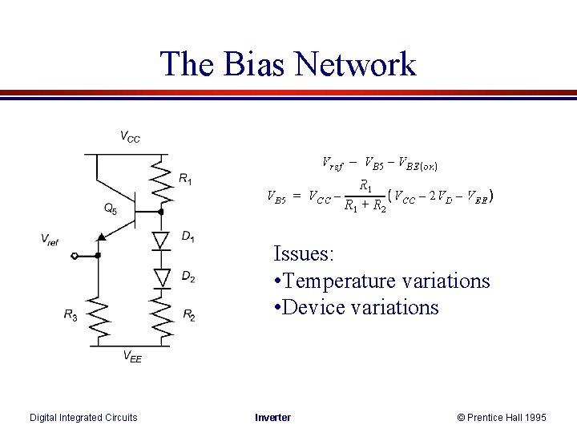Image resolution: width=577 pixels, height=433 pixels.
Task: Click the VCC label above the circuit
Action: click(130, 137)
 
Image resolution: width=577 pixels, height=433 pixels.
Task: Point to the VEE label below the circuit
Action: click(131, 358)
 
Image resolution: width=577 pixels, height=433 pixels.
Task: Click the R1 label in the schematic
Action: click(185, 179)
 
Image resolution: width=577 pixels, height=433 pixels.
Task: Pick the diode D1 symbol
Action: click(162, 239)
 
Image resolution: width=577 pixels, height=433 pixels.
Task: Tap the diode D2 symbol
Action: click(162, 277)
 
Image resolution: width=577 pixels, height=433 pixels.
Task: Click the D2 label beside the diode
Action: click(188, 277)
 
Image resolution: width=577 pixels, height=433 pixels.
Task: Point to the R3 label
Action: click(71, 315)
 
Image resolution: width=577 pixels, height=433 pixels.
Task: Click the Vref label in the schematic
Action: click(50, 239)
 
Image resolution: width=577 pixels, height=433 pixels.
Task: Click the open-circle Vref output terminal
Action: click(75, 256)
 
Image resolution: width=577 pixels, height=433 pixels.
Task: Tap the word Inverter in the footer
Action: click(272, 417)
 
